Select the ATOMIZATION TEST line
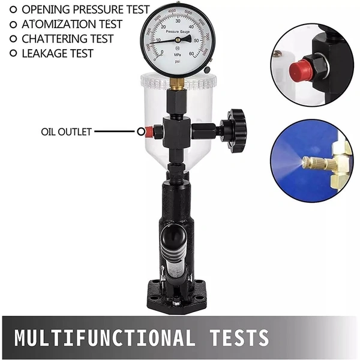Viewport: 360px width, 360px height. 72,25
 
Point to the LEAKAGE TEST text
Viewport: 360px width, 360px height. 58,53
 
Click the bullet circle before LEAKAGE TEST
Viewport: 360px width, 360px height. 13,53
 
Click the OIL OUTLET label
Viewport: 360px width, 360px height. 66,131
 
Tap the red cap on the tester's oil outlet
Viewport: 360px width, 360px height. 142,131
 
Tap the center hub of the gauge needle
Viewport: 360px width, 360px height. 178,39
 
